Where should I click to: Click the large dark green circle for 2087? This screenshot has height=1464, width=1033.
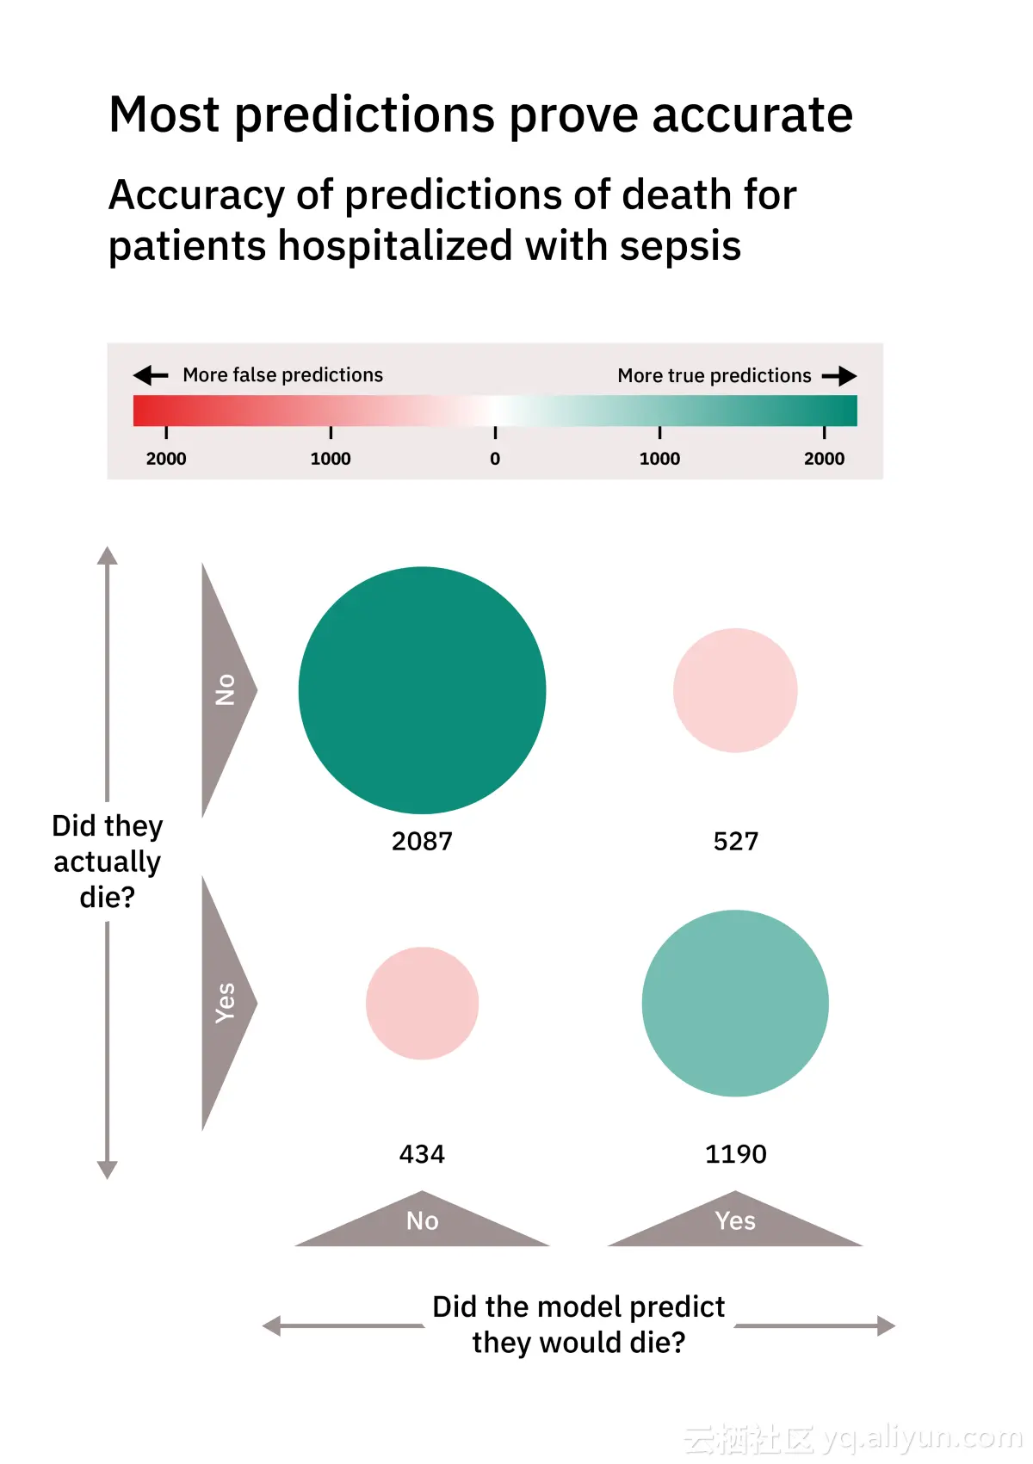pos(422,689)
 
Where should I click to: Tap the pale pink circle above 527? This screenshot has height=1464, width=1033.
pos(735,689)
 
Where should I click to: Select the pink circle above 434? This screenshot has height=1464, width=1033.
pos(422,1003)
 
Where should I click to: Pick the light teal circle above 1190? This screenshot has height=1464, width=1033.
pos(735,1003)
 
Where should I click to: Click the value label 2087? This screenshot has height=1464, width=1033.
pos(422,841)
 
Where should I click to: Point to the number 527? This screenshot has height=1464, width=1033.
pos(736,841)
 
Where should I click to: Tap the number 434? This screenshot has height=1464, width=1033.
pos(422,1153)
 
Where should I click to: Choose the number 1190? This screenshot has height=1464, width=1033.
pos(736,1153)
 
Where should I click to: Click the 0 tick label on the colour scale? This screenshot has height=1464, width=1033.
pos(495,459)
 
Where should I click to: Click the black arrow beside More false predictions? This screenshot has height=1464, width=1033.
pos(151,375)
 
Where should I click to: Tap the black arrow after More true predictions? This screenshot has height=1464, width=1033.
pos(839,376)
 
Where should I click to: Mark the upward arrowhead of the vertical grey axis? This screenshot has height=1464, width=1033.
pos(107,556)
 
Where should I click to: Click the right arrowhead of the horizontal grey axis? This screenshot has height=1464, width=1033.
pos(886,1325)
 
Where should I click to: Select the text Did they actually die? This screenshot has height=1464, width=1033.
pos(107,861)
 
